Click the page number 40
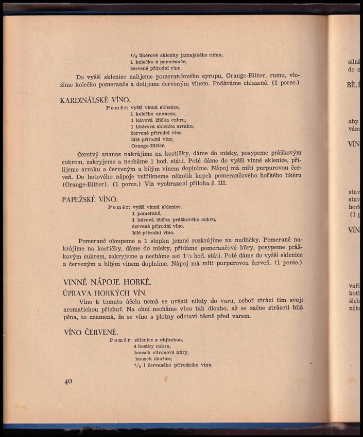click(x=68, y=381)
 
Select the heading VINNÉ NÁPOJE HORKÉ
click(x=107, y=281)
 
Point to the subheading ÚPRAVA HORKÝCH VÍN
click(x=97, y=292)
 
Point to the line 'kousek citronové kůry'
click(x=161, y=353)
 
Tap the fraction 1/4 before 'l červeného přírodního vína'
click(x=136, y=365)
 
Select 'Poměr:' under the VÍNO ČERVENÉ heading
click(x=120, y=340)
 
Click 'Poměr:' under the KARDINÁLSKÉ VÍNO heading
click(x=116, y=107)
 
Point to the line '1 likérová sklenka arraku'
click(x=162, y=126)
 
